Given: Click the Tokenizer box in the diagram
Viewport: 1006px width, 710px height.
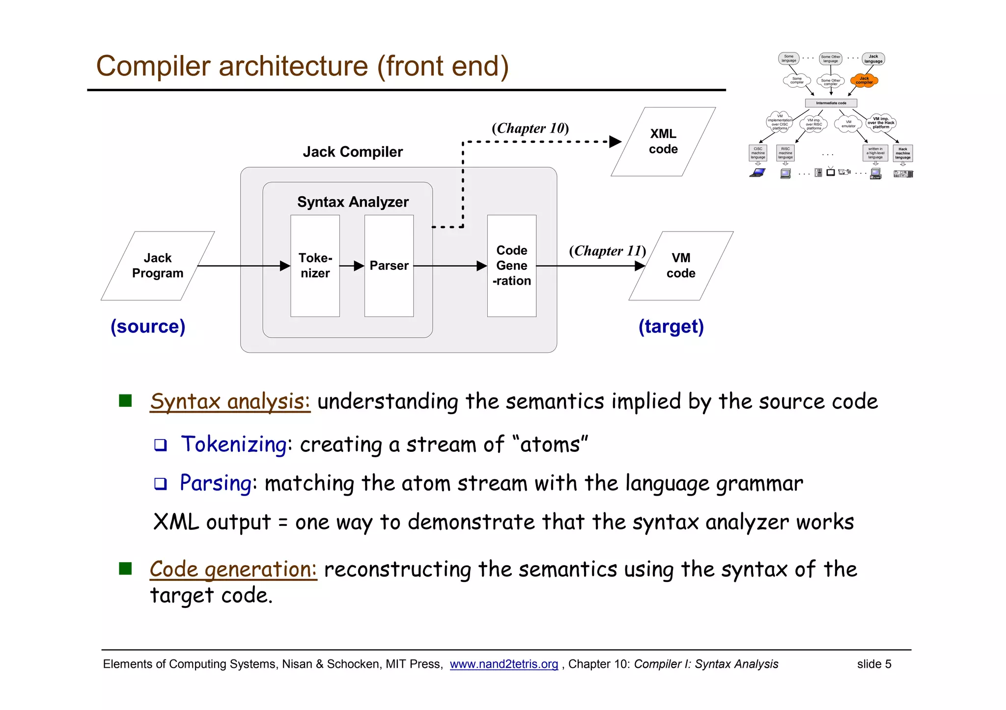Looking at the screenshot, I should tap(315, 265).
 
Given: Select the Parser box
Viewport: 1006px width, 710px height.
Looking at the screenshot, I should tap(389, 265).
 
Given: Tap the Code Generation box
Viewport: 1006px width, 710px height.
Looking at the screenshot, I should tap(511, 265).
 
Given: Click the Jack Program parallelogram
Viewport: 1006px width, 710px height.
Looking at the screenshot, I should tap(158, 265).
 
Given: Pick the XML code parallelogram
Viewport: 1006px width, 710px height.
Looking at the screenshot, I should tap(663, 141).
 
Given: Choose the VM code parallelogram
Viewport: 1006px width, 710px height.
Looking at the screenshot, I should tap(681, 265).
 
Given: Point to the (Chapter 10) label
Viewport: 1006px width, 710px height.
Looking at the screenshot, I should tap(530, 128).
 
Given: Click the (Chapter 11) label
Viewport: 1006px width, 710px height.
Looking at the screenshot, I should tap(607, 251).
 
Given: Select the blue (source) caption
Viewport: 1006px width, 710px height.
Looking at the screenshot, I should tap(148, 326).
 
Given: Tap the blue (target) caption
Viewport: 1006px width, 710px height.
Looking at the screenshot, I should tap(671, 326).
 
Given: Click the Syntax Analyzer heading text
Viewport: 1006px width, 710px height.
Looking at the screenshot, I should tap(353, 202).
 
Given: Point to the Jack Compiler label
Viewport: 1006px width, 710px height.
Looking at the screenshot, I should tap(353, 152).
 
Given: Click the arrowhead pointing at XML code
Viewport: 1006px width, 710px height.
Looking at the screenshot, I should tap(615, 142).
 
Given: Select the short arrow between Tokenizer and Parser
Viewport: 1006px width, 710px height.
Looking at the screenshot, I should tap(352, 266).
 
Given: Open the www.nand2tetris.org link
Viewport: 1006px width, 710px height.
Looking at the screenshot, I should tap(503, 664).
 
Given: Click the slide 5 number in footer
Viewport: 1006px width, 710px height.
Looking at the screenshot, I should tap(874, 664).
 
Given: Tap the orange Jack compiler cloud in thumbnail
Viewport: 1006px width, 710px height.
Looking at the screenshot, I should tap(864, 80).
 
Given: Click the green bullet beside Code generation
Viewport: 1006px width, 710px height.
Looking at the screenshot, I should tap(126, 568).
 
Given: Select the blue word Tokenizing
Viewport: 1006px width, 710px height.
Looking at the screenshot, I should tap(234, 444).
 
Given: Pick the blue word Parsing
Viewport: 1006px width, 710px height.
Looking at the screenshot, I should tap(216, 483).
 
